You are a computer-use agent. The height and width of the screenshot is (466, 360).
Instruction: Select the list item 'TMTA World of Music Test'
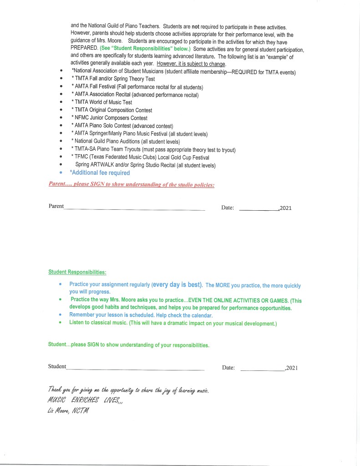pos(103,102)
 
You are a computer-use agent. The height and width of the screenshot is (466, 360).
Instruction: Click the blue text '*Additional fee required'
pos(100,173)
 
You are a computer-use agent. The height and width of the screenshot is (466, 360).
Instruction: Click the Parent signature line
pos(135,209)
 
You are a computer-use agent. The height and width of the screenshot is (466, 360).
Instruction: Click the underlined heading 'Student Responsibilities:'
pos(77,272)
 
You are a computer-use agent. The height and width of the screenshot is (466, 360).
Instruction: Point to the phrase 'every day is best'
pos(177,285)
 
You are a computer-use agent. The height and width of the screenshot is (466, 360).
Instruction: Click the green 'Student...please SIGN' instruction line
pos(129,345)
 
